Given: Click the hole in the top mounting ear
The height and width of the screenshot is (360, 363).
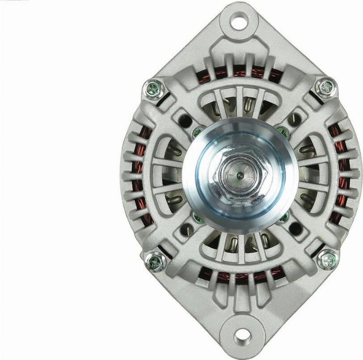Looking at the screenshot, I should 238,22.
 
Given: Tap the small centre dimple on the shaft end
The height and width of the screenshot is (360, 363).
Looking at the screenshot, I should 237,174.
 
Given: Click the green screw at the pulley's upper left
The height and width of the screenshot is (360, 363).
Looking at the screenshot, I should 197,132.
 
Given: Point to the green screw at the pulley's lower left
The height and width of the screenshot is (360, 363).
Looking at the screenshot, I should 196,217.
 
